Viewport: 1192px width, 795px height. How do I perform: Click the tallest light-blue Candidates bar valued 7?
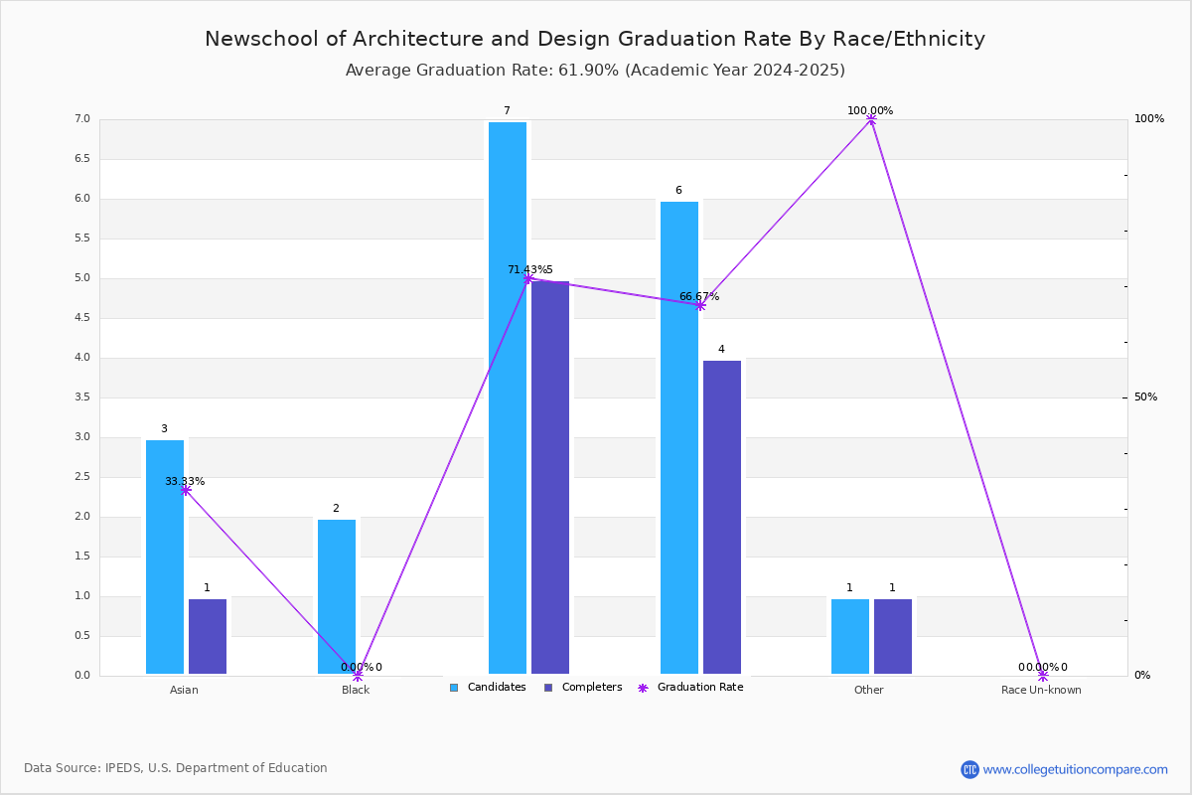[508, 397]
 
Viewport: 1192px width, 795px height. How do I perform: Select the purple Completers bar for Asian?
[208, 636]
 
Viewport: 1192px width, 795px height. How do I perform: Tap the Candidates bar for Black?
[337, 596]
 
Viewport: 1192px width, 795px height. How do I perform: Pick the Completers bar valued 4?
[722, 517]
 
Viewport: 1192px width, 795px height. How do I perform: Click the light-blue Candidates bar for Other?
[850, 636]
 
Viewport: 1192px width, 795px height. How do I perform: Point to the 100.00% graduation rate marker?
[871, 119]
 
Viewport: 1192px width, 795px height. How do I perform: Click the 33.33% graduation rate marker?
[186, 490]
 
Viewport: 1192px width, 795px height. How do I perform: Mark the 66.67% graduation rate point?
[700, 305]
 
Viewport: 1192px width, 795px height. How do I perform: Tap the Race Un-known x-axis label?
[1041, 690]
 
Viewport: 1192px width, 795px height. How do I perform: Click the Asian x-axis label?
[184, 690]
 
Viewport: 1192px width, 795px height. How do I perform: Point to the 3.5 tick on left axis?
[81, 397]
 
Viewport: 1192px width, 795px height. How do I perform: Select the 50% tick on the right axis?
[1145, 397]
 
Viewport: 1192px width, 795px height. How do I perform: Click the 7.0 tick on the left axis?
[81, 119]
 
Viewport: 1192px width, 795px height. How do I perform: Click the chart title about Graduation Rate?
[595, 39]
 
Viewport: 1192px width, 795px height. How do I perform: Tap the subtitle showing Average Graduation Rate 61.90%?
[595, 71]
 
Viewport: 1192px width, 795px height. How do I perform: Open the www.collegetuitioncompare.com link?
[1075, 769]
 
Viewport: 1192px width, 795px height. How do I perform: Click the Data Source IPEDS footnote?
[176, 768]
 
